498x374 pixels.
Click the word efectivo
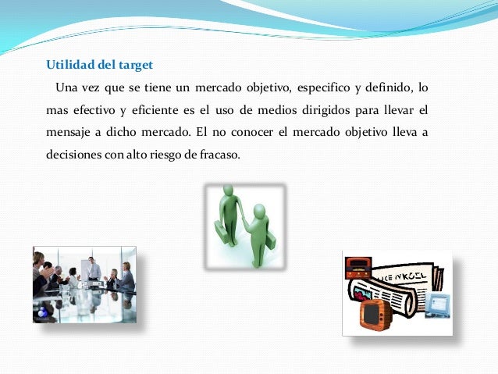[x=88, y=107]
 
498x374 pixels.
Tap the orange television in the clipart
[x=375, y=313]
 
